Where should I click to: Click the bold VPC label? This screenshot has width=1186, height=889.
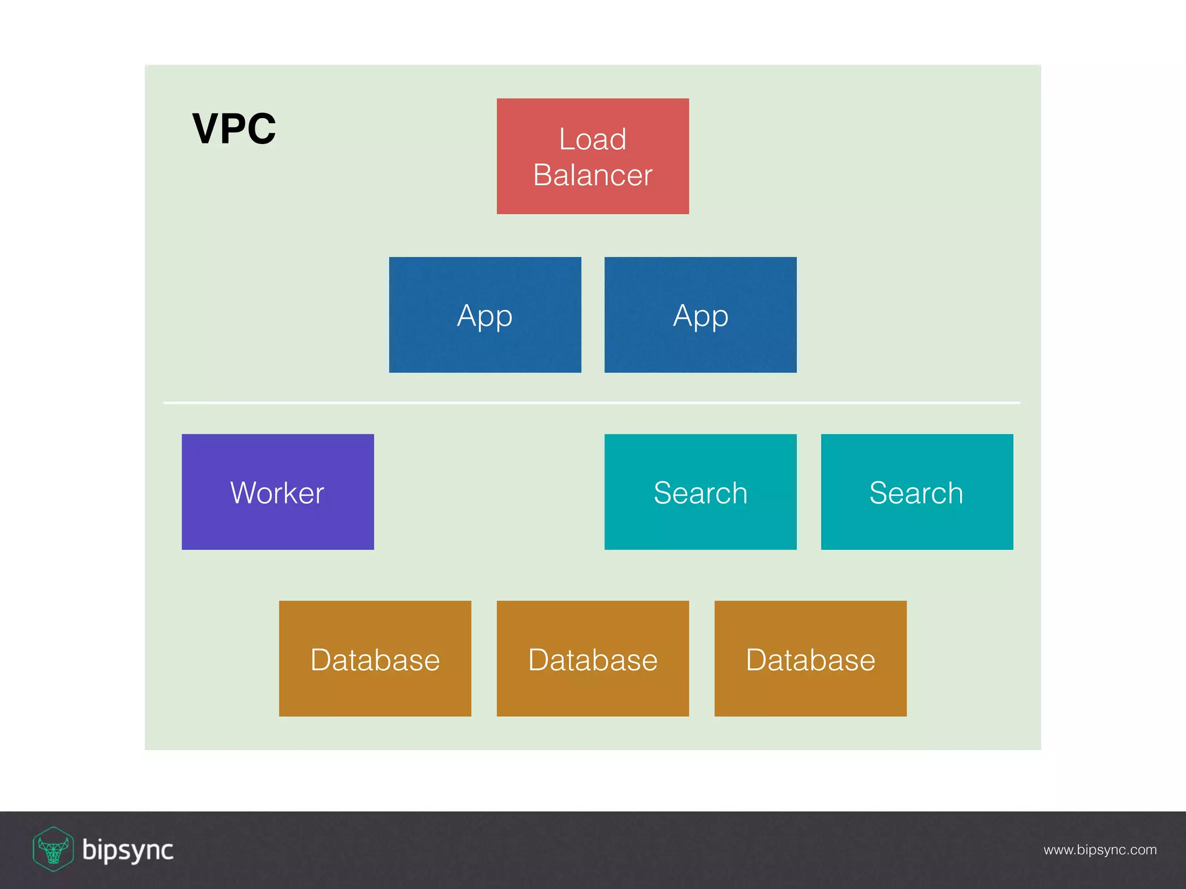coord(234,128)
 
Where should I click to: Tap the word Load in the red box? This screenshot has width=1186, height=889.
coord(592,139)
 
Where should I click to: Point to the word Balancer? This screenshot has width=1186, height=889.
coord(592,175)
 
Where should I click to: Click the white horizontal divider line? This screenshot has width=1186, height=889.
coord(592,402)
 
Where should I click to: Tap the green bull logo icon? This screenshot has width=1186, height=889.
coord(53,849)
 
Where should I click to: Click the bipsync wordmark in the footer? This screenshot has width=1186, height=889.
coord(128,850)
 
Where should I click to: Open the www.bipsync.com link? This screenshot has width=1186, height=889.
coord(1100,850)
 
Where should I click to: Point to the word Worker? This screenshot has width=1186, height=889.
coord(277,493)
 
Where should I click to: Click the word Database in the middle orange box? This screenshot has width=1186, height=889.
coord(592,660)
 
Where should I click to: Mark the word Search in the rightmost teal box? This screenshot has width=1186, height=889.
coord(916,493)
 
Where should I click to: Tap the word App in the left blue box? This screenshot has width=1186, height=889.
coord(485,316)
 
